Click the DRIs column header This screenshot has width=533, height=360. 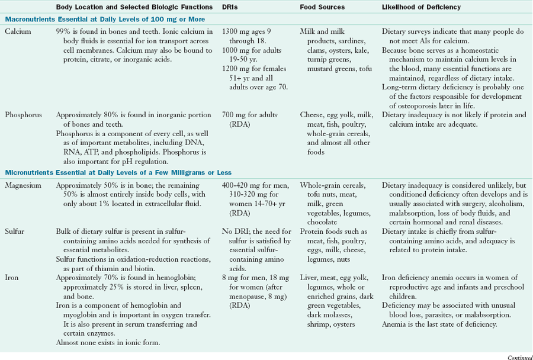click(230, 7)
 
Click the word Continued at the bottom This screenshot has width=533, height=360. click(519, 356)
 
